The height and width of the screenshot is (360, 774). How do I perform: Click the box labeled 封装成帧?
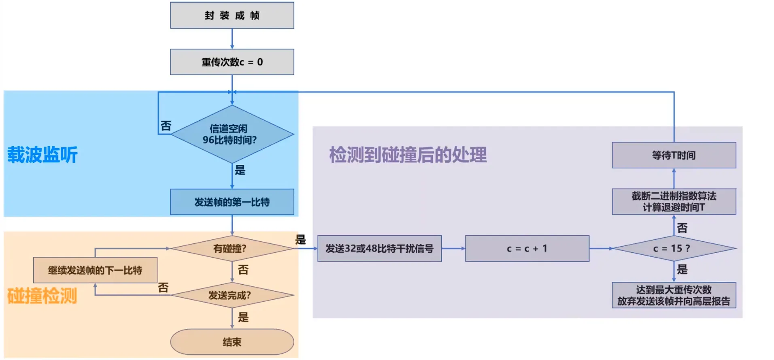click(x=232, y=15)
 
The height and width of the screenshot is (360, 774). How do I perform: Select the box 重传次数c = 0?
click(x=232, y=62)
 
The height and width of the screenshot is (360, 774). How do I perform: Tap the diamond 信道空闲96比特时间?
click(x=232, y=134)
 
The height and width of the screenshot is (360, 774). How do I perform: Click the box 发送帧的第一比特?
click(x=232, y=202)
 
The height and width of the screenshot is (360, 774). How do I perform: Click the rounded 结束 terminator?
click(x=232, y=342)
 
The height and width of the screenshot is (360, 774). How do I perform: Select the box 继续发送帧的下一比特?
click(x=95, y=270)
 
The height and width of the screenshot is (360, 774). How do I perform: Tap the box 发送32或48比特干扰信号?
click(x=379, y=248)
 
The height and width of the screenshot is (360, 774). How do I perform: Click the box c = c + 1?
click(x=527, y=248)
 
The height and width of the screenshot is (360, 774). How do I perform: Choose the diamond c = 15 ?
click(x=674, y=248)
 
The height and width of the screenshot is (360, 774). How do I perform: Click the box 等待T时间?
click(x=674, y=155)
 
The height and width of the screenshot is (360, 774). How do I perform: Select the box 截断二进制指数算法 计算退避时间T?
click(x=674, y=202)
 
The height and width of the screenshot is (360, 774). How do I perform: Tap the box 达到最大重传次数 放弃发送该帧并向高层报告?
click(x=674, y=295)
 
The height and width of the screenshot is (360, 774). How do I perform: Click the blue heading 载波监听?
click(x=43, y=155)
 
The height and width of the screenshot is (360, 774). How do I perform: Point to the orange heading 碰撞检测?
click(x=42, y=296)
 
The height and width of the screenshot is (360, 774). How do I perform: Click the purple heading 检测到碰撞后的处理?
click(x=408, y=155)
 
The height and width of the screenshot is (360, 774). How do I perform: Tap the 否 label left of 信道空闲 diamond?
click(x=166, y=126)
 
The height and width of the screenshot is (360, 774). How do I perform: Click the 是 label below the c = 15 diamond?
click(x=683, y=269)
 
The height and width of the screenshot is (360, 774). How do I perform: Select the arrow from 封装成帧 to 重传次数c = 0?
click(x=232, y=39)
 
